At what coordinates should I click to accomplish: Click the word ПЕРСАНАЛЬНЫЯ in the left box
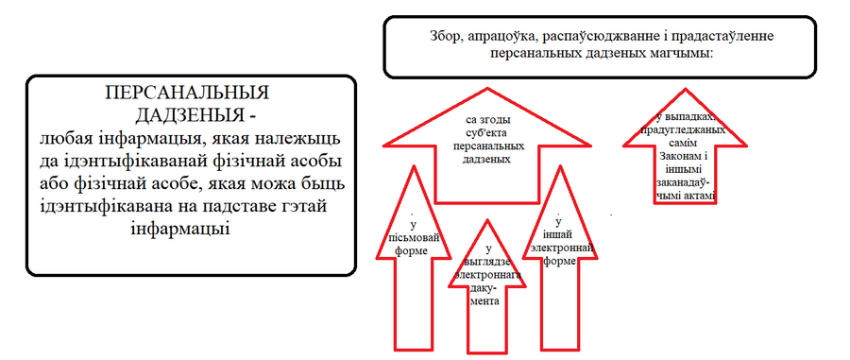click(187, 93)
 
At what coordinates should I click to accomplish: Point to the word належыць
click(295, 139)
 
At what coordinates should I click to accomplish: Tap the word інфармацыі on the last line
click(181, 229)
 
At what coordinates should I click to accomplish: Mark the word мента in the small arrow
click(485, 302)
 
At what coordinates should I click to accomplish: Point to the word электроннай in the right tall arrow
click(569, 249)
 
